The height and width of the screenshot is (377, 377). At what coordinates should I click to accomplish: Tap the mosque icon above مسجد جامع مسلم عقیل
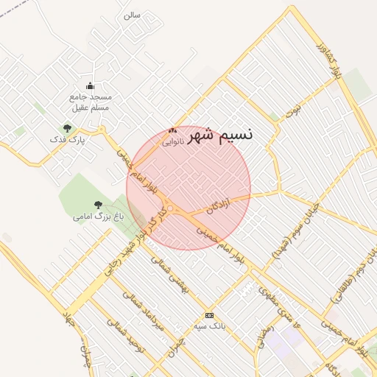[x=91, y=86]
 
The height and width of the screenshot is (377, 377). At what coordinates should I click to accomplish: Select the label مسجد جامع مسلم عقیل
[x=90, y=102]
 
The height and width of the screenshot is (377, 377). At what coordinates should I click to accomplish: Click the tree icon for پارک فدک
[x=67, y=128]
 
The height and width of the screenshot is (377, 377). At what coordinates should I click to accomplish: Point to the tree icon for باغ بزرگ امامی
[x=98, y=205]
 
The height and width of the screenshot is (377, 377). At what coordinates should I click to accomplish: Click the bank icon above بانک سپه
[x=209, y=314]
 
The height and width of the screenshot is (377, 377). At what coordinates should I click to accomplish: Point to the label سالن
[x=132, y=14]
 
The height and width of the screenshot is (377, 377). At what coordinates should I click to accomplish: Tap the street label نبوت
[x=294, y=111]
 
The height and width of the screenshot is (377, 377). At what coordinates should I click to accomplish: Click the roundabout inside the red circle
[x=170, y=210]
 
